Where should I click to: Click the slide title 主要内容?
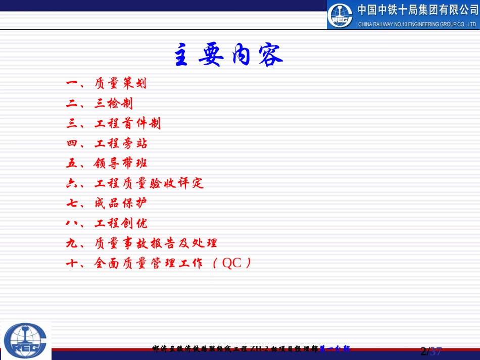[228, 56]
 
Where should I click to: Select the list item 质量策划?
[121, 83]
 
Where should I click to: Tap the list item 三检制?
[114, 104]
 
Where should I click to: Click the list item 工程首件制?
[128, 123]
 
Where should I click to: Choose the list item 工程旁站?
[121, 143]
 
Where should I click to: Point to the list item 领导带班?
[121, 163]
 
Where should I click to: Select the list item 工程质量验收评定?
[149, 183]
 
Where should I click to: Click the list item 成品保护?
[121, 203]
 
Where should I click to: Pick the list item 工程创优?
[121, 223]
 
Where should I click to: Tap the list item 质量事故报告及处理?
[156, 243]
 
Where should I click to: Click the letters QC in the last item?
[232, 263]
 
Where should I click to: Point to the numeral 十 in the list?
[71, 263]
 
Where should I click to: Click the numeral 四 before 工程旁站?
[71, 143]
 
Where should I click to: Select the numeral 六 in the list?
[71, 183]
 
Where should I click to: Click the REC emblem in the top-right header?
[340, 16]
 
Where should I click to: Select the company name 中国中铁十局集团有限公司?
[417, 10]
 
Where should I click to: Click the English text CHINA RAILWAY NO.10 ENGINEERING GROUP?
[417, 24]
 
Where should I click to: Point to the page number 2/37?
[431, 351]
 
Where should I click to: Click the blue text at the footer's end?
[334, 348]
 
